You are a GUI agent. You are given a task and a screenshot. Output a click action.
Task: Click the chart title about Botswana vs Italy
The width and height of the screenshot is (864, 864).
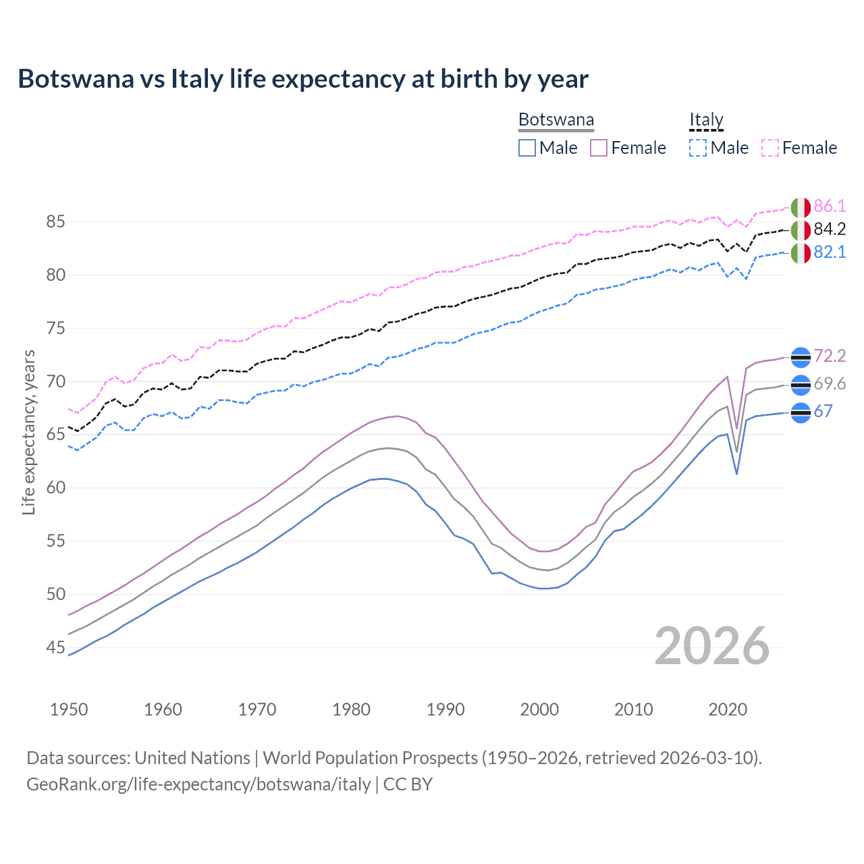303,79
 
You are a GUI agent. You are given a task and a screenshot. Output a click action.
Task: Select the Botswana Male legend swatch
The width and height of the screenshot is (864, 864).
527,148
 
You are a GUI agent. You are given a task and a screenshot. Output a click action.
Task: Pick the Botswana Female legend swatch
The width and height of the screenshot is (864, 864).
599,148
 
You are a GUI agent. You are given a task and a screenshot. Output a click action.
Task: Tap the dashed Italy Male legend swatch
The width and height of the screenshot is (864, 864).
698,148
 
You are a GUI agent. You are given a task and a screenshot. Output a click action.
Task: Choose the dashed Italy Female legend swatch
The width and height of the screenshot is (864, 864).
770,148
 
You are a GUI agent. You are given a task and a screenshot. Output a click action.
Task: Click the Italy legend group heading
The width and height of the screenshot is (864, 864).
706,120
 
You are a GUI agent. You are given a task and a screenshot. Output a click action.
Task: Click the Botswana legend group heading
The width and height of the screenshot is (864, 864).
556,120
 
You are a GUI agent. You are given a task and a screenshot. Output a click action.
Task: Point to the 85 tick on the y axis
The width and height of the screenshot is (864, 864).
56,222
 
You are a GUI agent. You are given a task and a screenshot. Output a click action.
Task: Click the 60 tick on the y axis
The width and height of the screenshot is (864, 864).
56,488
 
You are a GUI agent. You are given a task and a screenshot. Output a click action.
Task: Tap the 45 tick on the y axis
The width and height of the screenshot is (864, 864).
56,648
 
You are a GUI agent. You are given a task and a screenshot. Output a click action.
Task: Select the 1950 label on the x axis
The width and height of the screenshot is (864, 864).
69,709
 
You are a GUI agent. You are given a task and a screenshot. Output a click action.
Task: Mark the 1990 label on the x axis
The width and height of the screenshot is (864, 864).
446,709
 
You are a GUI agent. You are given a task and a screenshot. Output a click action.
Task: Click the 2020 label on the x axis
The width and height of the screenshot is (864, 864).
728,709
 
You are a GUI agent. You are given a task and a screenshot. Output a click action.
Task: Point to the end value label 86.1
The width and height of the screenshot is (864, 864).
830,207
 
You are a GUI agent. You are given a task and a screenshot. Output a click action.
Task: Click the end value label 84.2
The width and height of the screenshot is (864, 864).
830,230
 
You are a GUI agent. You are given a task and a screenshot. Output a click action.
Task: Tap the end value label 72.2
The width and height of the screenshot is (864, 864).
830,356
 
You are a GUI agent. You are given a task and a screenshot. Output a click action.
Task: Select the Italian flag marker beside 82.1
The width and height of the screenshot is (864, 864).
801,253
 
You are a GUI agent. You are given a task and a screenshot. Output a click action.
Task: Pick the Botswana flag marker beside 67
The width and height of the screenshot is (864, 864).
801,412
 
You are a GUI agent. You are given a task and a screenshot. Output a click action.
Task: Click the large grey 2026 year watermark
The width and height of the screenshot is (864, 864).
712,646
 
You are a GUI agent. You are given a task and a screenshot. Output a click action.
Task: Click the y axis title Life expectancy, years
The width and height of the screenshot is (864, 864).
29,432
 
